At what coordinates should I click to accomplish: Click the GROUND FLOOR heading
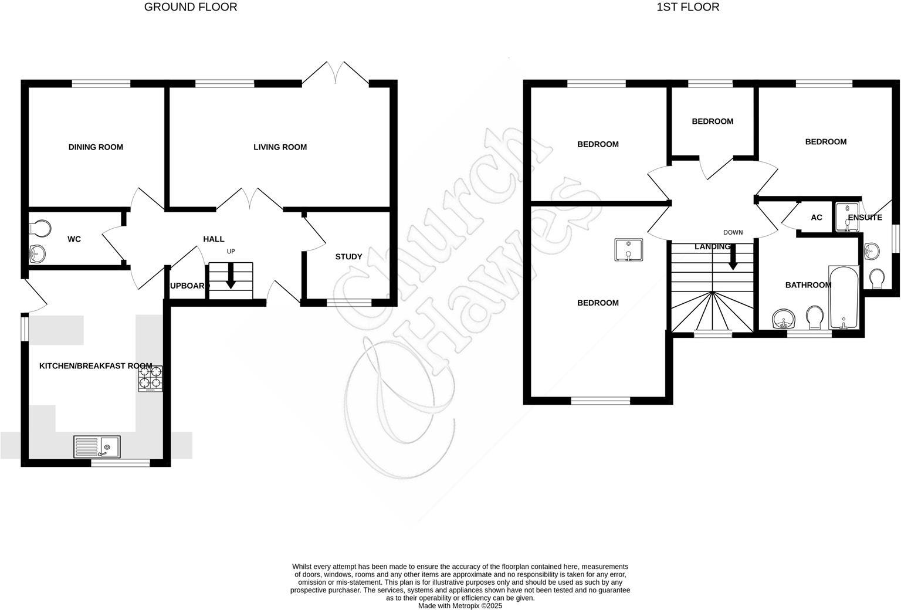(191, 7)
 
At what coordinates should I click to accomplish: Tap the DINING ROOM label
(96, 147)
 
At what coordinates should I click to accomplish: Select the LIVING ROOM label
(280, 147)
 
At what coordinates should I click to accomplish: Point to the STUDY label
(348, 257)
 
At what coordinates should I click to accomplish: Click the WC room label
(74, 239)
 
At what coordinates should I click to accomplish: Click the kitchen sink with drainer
(97, 447)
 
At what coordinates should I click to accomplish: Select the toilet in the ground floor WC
(40, 227)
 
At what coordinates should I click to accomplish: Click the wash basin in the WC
(38, 254)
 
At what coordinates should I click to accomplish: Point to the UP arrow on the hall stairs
(230, 276)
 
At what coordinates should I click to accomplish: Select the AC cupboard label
(816, 218)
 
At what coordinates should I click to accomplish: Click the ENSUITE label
(865, 218)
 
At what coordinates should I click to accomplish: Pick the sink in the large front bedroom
(628, 249)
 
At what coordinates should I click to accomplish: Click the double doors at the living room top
(336, 74)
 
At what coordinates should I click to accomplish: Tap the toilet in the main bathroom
(814, 318)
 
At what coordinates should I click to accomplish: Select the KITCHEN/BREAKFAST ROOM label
(96, 366)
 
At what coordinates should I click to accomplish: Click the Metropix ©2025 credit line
(460, 606)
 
